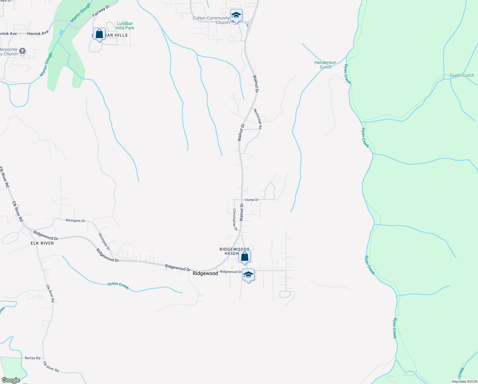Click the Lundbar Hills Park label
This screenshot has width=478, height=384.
[125, 26]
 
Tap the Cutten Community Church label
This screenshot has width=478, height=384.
[211, 20]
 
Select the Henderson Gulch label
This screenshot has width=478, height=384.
[325, 65]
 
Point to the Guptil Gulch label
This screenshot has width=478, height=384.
[462, 75]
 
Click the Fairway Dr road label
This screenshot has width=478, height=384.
[101, 11]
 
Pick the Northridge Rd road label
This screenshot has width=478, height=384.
[258, 119]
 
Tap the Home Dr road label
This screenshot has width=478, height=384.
[252, 200]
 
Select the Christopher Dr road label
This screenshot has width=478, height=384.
[235, 220]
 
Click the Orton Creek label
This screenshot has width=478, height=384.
[118, 285]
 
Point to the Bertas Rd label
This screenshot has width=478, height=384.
[33, 358]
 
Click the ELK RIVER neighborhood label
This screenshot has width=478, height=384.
[42, 243]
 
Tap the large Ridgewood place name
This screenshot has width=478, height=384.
[205, 273]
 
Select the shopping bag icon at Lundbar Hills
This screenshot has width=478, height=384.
[99, 34]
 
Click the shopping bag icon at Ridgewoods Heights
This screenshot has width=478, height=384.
[244, 256]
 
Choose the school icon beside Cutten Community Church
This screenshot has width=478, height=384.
[236, 15]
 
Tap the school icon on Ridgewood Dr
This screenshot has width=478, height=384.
[248, 275]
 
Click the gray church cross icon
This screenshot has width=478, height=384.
[22, 51]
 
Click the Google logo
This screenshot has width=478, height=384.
[11, 380]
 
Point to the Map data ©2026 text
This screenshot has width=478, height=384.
[464, 381]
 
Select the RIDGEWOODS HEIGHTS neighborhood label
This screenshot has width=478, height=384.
[234, 251]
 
